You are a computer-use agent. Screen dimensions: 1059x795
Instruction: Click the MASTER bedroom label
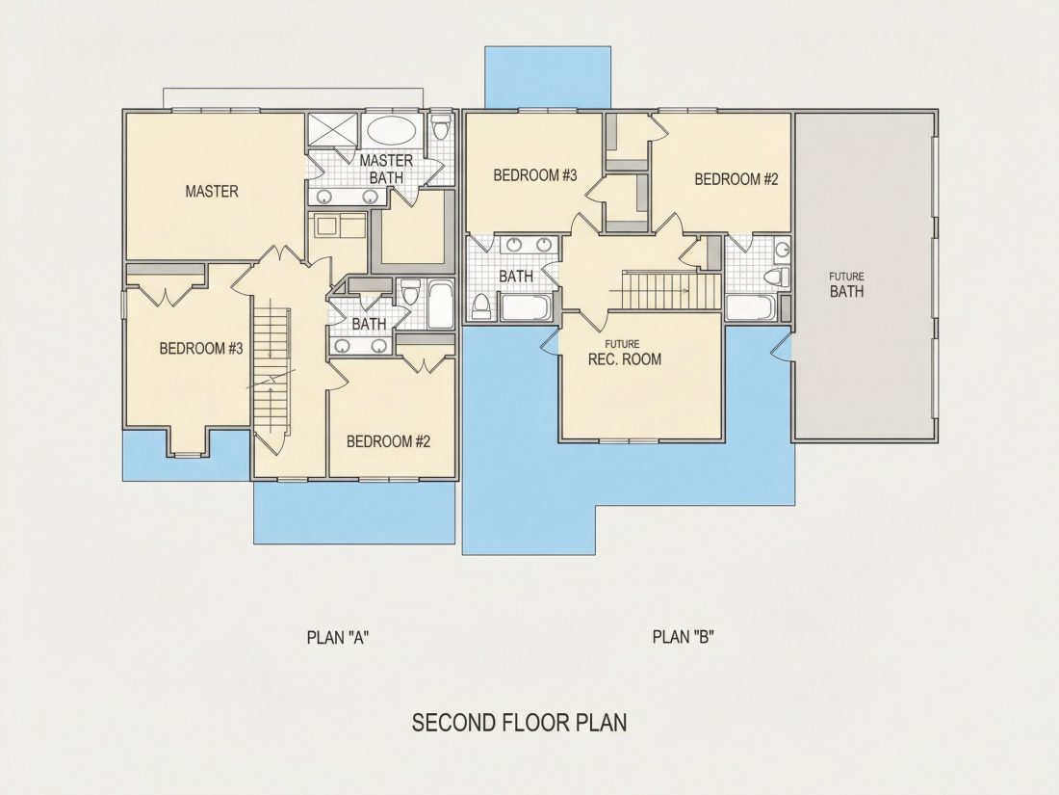212,192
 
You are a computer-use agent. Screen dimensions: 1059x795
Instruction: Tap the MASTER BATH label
386,169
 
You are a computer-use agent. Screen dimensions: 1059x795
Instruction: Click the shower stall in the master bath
332,129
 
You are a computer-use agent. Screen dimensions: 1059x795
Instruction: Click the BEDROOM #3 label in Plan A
200,349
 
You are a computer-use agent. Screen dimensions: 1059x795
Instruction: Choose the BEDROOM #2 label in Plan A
388,441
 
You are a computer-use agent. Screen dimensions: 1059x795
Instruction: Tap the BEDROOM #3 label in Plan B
535,175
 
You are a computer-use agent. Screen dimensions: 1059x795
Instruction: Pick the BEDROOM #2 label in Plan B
736,180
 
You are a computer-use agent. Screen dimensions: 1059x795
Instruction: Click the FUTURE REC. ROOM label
624,354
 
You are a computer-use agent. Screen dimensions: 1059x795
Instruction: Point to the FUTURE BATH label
846,286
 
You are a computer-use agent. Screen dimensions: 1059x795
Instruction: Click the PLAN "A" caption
338,638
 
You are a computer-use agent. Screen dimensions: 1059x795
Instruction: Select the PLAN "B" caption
684,637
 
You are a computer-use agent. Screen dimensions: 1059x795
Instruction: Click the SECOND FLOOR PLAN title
519,723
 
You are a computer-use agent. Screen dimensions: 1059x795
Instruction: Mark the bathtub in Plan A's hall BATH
440,305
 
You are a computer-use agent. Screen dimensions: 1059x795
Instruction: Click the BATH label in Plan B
516,277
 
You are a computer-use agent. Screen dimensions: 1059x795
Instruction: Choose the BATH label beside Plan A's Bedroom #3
369,325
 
